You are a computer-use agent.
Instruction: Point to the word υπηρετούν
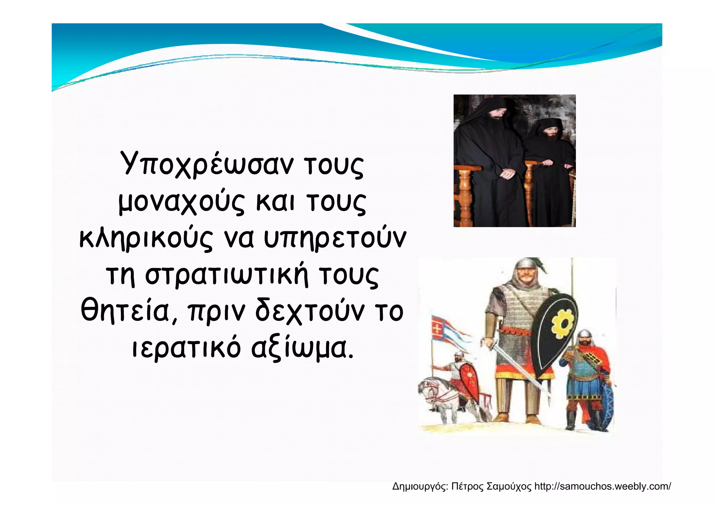335,239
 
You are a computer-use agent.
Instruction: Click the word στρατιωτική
227,276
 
